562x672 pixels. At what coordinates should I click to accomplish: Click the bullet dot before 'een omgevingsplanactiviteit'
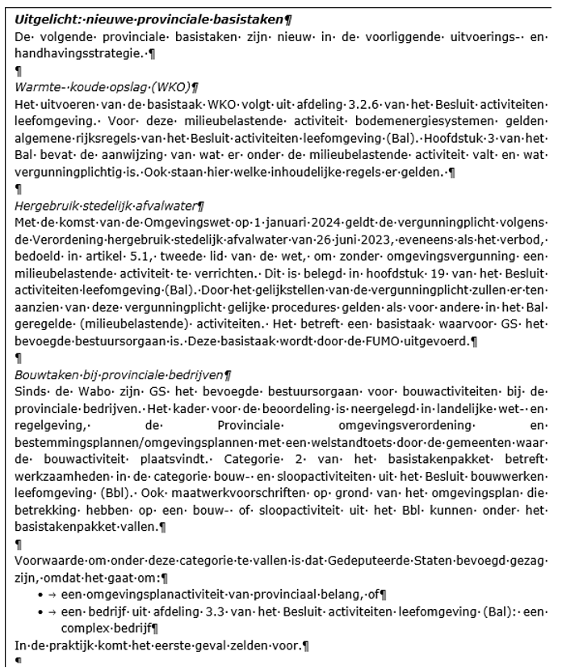(x=40, y=595)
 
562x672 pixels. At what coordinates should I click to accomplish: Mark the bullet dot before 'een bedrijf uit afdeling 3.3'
(x=40, y=610)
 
